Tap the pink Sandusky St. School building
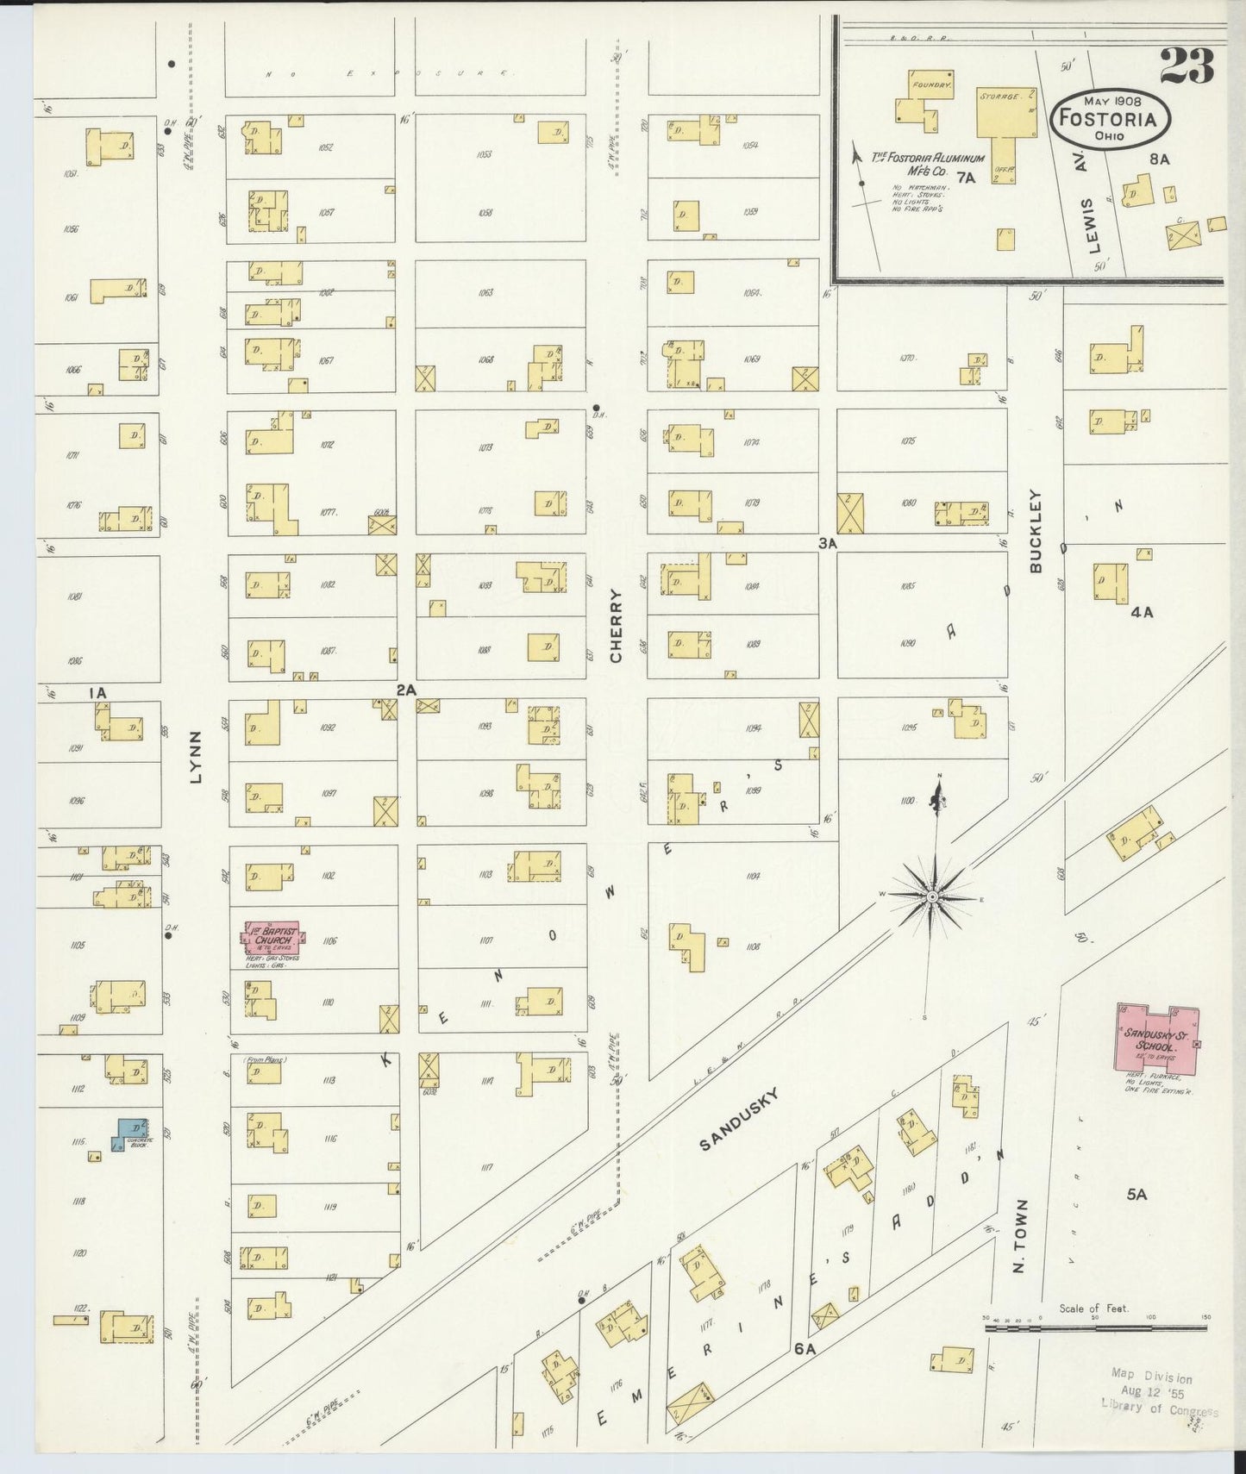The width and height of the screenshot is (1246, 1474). pyautogui.click(x=1158, y=1038)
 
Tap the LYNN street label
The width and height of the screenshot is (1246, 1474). pyautogui.click(x=195, y=757)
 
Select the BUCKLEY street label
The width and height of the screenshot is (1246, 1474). pyautogui.click(x=1036, y=531)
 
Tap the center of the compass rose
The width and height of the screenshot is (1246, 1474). pyautogui.click(x=931, y=897)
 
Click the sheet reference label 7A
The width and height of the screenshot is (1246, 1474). pyautogui.click(x=966, y=178)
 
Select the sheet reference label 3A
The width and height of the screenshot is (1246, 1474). pyautogui.click(x=828, y=544)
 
